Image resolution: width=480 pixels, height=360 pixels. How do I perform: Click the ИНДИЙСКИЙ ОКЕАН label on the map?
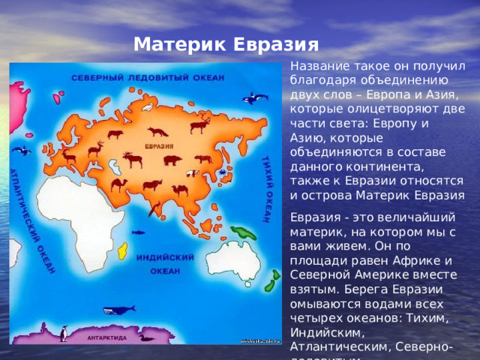pyautogui.click(x=166, y=263)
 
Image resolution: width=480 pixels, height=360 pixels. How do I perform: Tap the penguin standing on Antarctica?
pyautogui.click(x=64, y=333)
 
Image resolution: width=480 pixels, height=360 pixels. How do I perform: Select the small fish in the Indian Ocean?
pyautogui.click(x=137, y=232)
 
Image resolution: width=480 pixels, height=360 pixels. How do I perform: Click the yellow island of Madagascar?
pyautogui.click(x=123, y=251)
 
